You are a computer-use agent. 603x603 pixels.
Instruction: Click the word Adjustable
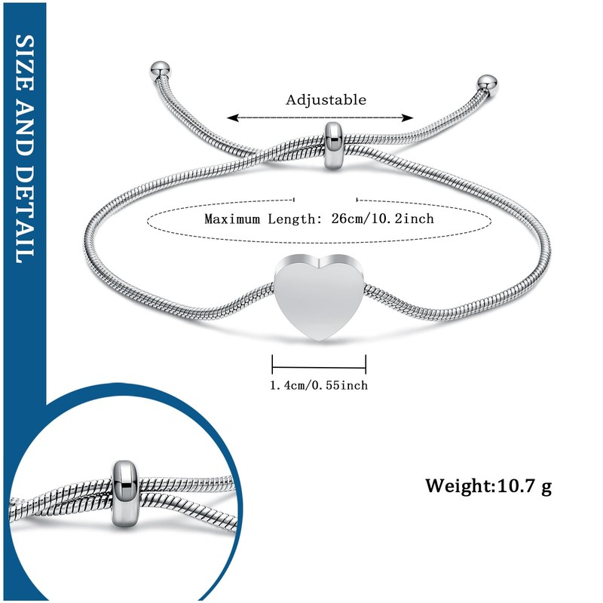[x=326, y=100]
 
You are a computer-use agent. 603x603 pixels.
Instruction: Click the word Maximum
[x=233, y=219]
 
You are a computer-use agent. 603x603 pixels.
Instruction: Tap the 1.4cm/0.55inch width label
[x=319, y=385]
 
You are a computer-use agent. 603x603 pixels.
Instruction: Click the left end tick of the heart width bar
[x=272, y=365]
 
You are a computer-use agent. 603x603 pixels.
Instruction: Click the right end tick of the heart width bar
[x=366, y=365]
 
